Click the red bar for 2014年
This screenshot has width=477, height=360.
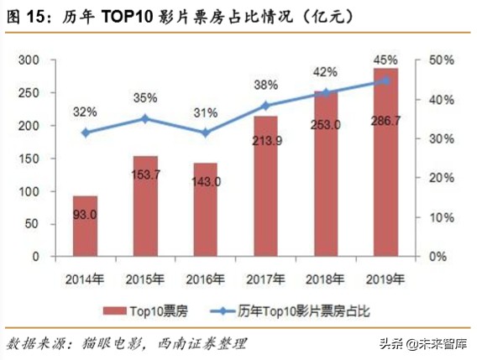[85, 226]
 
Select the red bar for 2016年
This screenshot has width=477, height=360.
[206, 210]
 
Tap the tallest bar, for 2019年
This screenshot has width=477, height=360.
[385, 163]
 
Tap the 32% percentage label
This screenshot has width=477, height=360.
[85, 111]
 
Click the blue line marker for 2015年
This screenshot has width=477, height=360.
[145, 118]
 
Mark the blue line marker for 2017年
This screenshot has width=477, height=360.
[265, 106]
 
